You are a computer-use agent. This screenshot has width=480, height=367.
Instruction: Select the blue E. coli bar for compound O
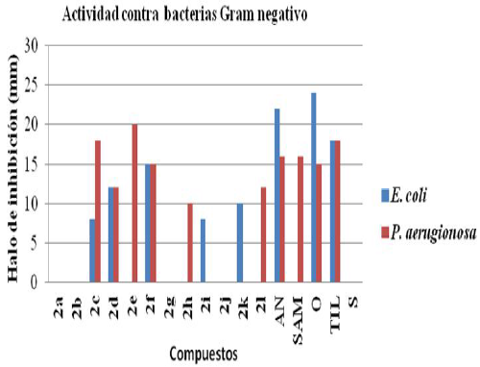pos(313,187)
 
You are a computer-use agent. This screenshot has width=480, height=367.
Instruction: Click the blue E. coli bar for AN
pos(276,196)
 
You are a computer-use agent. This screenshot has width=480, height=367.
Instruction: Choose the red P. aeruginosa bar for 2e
pos(134,204)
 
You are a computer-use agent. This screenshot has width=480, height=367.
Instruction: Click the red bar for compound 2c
pos(98,211)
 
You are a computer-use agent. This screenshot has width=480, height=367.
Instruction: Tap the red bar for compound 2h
pos(190,243)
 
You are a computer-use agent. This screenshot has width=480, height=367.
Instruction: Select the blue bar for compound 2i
pos(203,251)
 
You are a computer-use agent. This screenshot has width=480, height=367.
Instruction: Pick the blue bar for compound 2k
pos(240,243)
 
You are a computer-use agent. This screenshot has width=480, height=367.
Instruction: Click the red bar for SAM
pos(300,219)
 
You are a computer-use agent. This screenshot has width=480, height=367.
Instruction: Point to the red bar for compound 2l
pos(264,235)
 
